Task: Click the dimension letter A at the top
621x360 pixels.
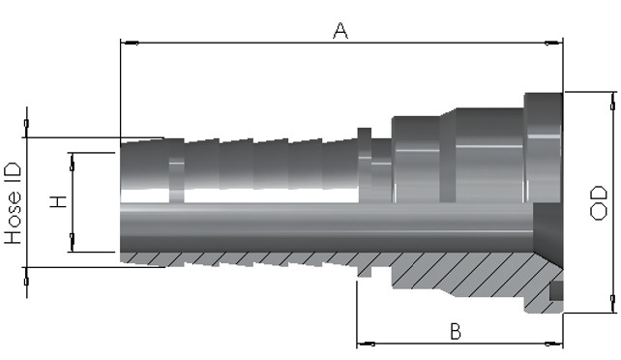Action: tap(340, 31)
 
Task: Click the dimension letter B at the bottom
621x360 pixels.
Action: tap(456, 332)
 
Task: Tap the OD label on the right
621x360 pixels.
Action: tap(598, 203)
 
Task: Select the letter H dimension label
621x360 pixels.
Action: tap(58, 201)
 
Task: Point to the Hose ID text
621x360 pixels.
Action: tap(14, 203)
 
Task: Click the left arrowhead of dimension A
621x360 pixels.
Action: tap(130, 43)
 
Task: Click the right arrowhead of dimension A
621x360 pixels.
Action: tap(553, 43)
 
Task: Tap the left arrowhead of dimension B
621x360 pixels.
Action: tap(366, 344)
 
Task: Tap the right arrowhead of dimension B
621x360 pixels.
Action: tap(553, 344)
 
